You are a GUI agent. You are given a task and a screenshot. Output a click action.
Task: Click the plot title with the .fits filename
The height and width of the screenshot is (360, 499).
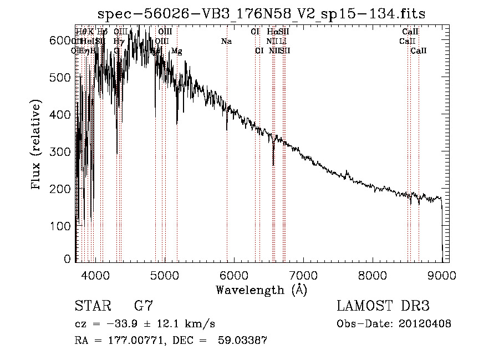click(x=262, y=13)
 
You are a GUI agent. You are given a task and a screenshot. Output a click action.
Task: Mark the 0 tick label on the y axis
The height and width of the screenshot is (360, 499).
click(x=68, y=258)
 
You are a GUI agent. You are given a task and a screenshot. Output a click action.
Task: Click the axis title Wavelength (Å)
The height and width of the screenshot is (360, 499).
click(x=262, y=290)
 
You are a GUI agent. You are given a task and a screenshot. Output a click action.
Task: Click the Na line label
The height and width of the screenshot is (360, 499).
click(x=226, y=42)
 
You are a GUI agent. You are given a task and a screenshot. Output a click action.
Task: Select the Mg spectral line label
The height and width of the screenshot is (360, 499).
click(x=177, y=51)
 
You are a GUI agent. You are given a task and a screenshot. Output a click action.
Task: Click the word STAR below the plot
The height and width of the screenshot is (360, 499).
click(x=91, y=306)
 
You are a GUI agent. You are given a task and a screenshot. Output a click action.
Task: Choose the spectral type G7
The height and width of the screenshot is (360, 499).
click(x=143, y=306)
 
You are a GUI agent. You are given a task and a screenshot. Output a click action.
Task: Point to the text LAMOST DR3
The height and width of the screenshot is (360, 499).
click(x=383, y=306)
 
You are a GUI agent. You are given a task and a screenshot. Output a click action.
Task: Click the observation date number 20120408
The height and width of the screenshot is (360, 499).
click(x=425, y=324)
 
